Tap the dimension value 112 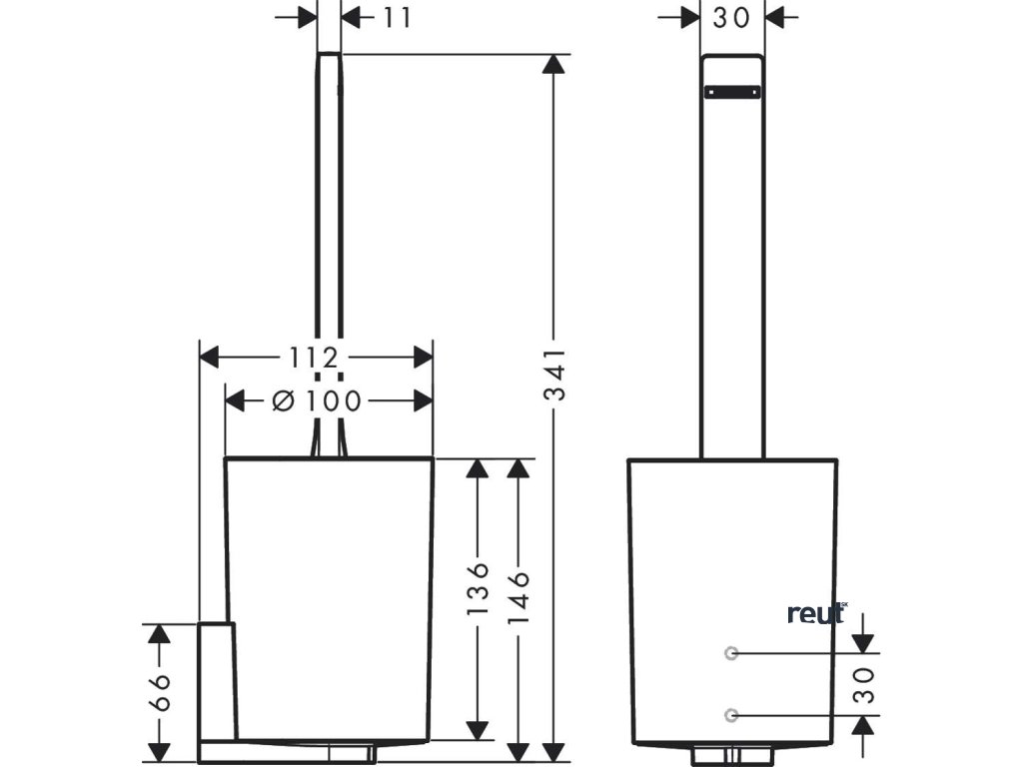[x=315, y=356]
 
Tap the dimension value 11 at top [x=397, y=17]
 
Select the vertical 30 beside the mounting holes [x=865, y=684]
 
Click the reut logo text [x=815, y=613]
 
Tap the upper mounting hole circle [x=731, y=653]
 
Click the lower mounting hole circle [x=731, y=714]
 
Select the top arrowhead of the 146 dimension [x=517, y=469]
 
